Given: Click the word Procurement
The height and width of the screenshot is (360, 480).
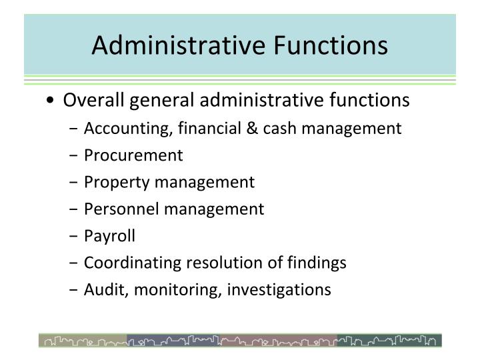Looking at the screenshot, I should [133, 155].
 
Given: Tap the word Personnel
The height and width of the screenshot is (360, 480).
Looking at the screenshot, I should [121, 209].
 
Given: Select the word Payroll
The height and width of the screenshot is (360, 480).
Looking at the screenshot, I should [109, 236].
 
